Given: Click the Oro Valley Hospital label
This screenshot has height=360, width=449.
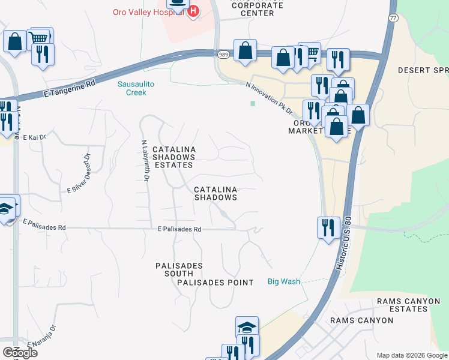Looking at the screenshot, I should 148,12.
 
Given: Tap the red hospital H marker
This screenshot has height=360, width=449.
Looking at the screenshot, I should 193,11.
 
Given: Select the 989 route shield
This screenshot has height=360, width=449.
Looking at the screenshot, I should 223,55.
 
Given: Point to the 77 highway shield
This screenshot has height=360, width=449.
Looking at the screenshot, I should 392,18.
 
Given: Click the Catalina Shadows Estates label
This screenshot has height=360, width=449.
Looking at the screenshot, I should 173,157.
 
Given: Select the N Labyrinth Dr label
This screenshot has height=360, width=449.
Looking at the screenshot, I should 145,161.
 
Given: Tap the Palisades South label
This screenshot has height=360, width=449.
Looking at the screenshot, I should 179,269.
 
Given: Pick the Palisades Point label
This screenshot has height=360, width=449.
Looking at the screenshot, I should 215,282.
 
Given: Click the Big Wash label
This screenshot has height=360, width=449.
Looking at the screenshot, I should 283,281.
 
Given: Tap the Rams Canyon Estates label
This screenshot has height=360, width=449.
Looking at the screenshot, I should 402,304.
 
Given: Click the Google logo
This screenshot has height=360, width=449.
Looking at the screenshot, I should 19,353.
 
